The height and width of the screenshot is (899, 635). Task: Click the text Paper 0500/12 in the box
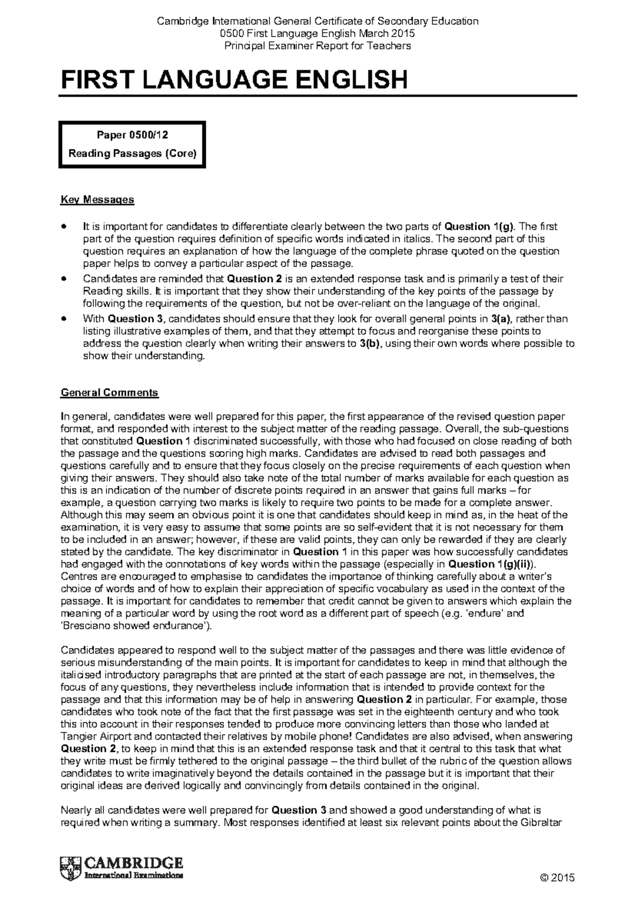click(x=131, y=134)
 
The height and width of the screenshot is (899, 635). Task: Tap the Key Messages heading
click(x=97, y=200)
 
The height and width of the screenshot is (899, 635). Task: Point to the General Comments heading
click(x=110, y=393)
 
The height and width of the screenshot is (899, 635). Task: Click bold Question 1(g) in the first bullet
click(x=479, y=227)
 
